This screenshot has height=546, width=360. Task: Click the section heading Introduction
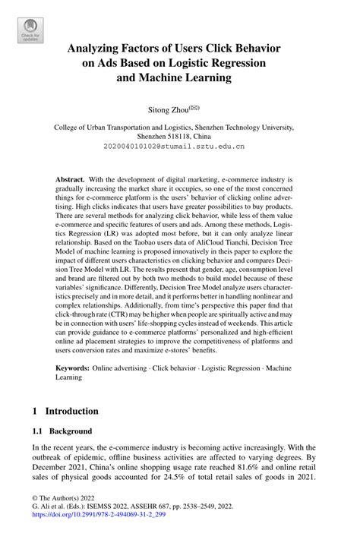coord(71,412)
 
